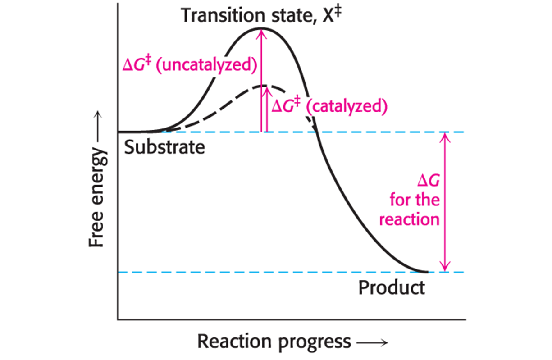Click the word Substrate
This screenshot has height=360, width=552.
click(x=164, y=147)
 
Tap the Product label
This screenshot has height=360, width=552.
click(x=391, y=287)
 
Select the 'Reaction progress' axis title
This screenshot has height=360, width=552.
click(x=274, y=341)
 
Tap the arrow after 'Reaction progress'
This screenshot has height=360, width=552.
click(x=372, y=342)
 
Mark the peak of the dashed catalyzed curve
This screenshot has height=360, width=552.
click(x=265, y=86)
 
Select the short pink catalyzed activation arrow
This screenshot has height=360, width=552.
click(x=266, y=110)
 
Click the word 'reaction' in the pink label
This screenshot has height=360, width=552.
click(x=409, y=220)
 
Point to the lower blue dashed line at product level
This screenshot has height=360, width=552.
click(x=270, y=272)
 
